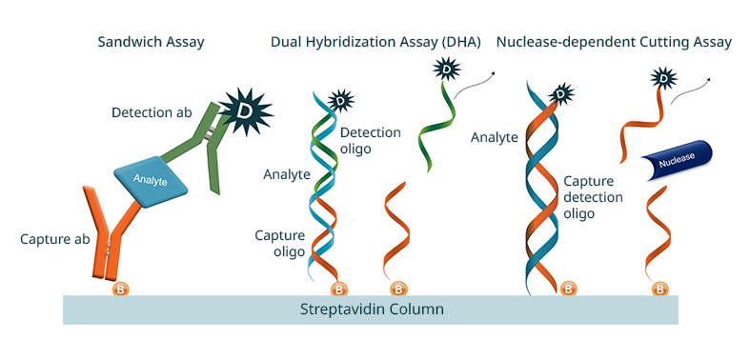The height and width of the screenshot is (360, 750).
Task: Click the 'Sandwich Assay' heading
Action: [x=151, y=42]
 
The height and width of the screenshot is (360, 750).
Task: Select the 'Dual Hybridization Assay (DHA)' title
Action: [x=375, y=42]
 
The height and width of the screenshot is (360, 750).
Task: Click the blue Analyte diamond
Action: [x=152, y=177]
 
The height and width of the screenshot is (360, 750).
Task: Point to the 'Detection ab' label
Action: [x=150, y=112]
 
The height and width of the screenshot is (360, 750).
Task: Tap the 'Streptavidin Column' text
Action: [x=372, y=310]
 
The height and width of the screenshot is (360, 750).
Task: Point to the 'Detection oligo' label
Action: [x=370, y=141]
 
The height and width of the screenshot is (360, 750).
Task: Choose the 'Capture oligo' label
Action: [x=279, y=244]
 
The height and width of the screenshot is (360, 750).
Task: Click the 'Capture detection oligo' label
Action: [x=593, y=197]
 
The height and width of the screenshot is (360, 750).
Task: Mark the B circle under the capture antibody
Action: [x=121, y=289]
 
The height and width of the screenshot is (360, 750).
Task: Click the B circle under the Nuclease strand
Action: [x=659, y=289]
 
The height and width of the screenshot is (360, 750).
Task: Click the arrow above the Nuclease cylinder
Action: [x=690, y=89]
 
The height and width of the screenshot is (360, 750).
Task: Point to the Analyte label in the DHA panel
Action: [x=287, y=174]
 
